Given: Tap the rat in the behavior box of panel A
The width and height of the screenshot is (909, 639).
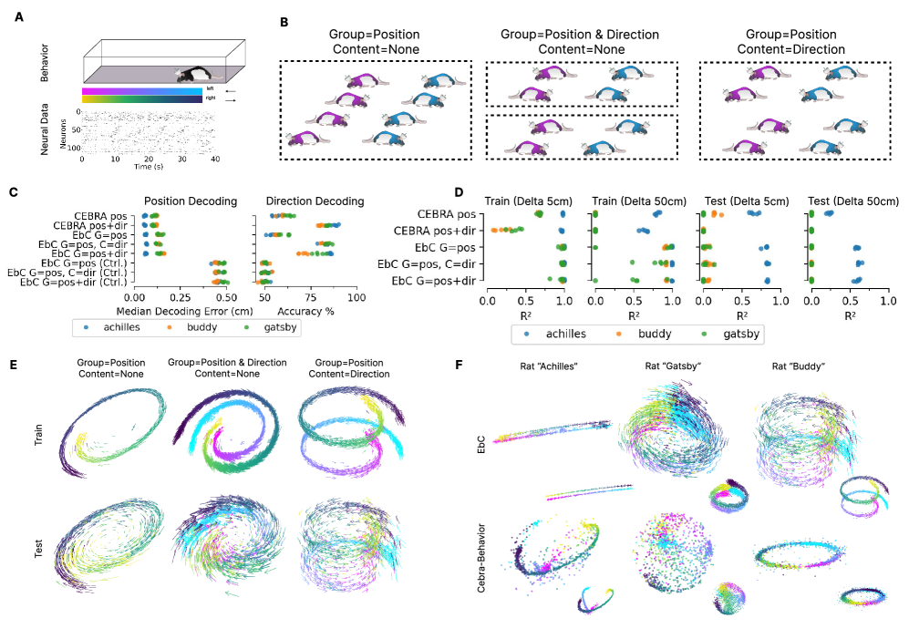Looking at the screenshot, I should point(195,77).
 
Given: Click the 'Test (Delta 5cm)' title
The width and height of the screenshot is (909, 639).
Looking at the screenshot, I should point(742,201).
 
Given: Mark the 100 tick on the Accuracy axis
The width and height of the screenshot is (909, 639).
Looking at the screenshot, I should point(356,296).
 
